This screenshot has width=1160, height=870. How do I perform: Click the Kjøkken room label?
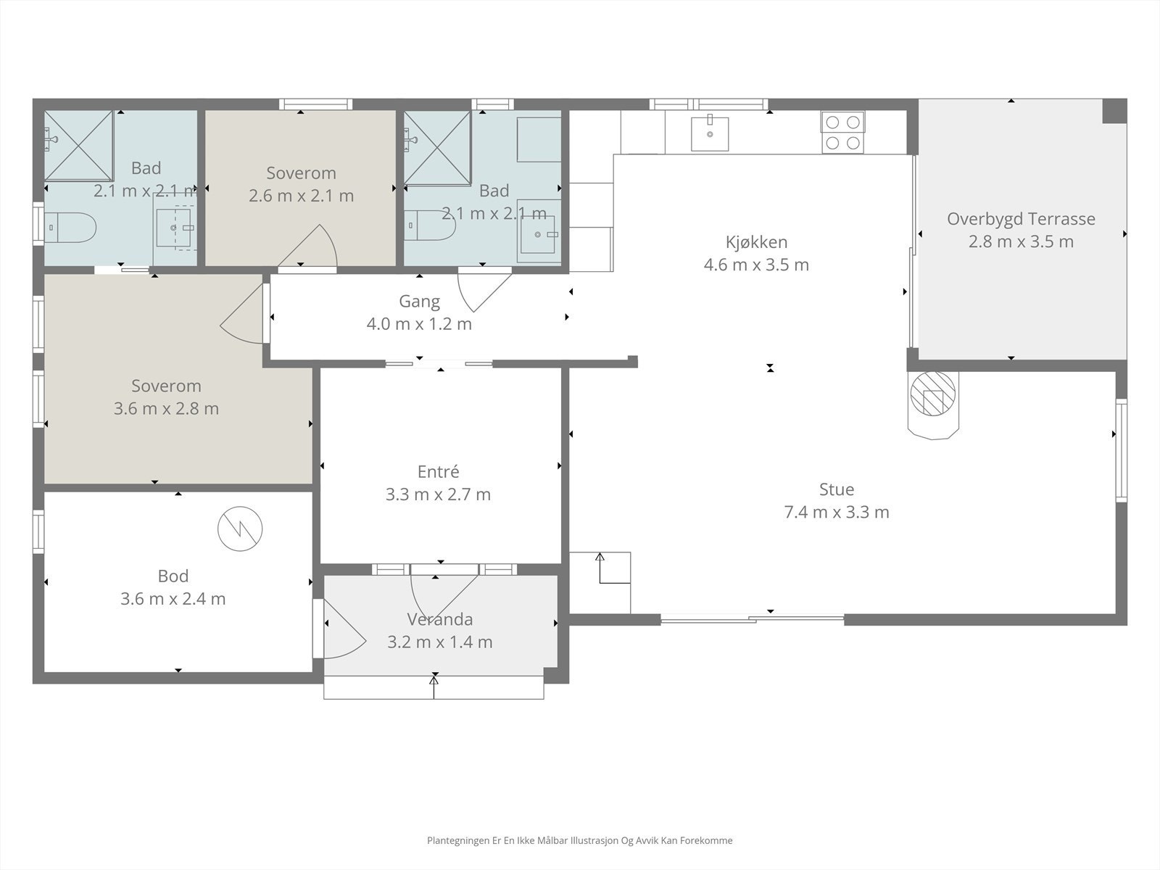pyautogui.click(x=756, y=242)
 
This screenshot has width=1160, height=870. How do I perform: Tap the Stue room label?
pyautogui.click(x=837, y=489)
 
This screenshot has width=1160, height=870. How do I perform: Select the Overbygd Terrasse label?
pyautogui.click(x=1021, y=219)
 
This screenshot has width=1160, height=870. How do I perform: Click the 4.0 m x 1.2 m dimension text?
pyautogui.click(x=419, y=324)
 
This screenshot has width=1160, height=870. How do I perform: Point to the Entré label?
pyautogui.click(x=438, y=471)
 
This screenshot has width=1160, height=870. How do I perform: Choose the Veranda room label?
pyautogui.click(x=439, y=619)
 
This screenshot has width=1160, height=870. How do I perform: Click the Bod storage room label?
pyautogui.click(x=173, y=576)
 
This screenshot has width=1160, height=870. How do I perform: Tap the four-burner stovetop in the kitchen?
pyautogui.click(x=842, y=133)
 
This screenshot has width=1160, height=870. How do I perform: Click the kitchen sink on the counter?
pyautogui.click(x=710, y=133)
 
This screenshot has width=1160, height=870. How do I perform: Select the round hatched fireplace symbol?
pyautogui.click(x=933, y=394)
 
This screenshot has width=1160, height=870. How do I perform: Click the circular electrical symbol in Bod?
pyautogui.click(x=240, y=529)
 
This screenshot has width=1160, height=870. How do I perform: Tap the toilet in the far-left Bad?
pyautogui.click(x=70, y=228)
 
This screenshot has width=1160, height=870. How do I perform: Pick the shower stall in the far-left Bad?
pyautogui.click(x=78, y=146)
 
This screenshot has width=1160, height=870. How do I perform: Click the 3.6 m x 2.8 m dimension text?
pyautogui.click(x=167, y=409)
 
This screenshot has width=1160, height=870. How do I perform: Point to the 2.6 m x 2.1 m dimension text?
pyautogui.click(x=301, y=196)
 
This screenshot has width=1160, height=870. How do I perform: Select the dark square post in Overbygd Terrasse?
pyautogui.click(x=1114, y=112)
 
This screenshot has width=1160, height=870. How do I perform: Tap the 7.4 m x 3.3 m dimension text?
pyautogui.click(x=837, y=513)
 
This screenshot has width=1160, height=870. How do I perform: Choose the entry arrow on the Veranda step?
pyautogui.click(x=434, y=687)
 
